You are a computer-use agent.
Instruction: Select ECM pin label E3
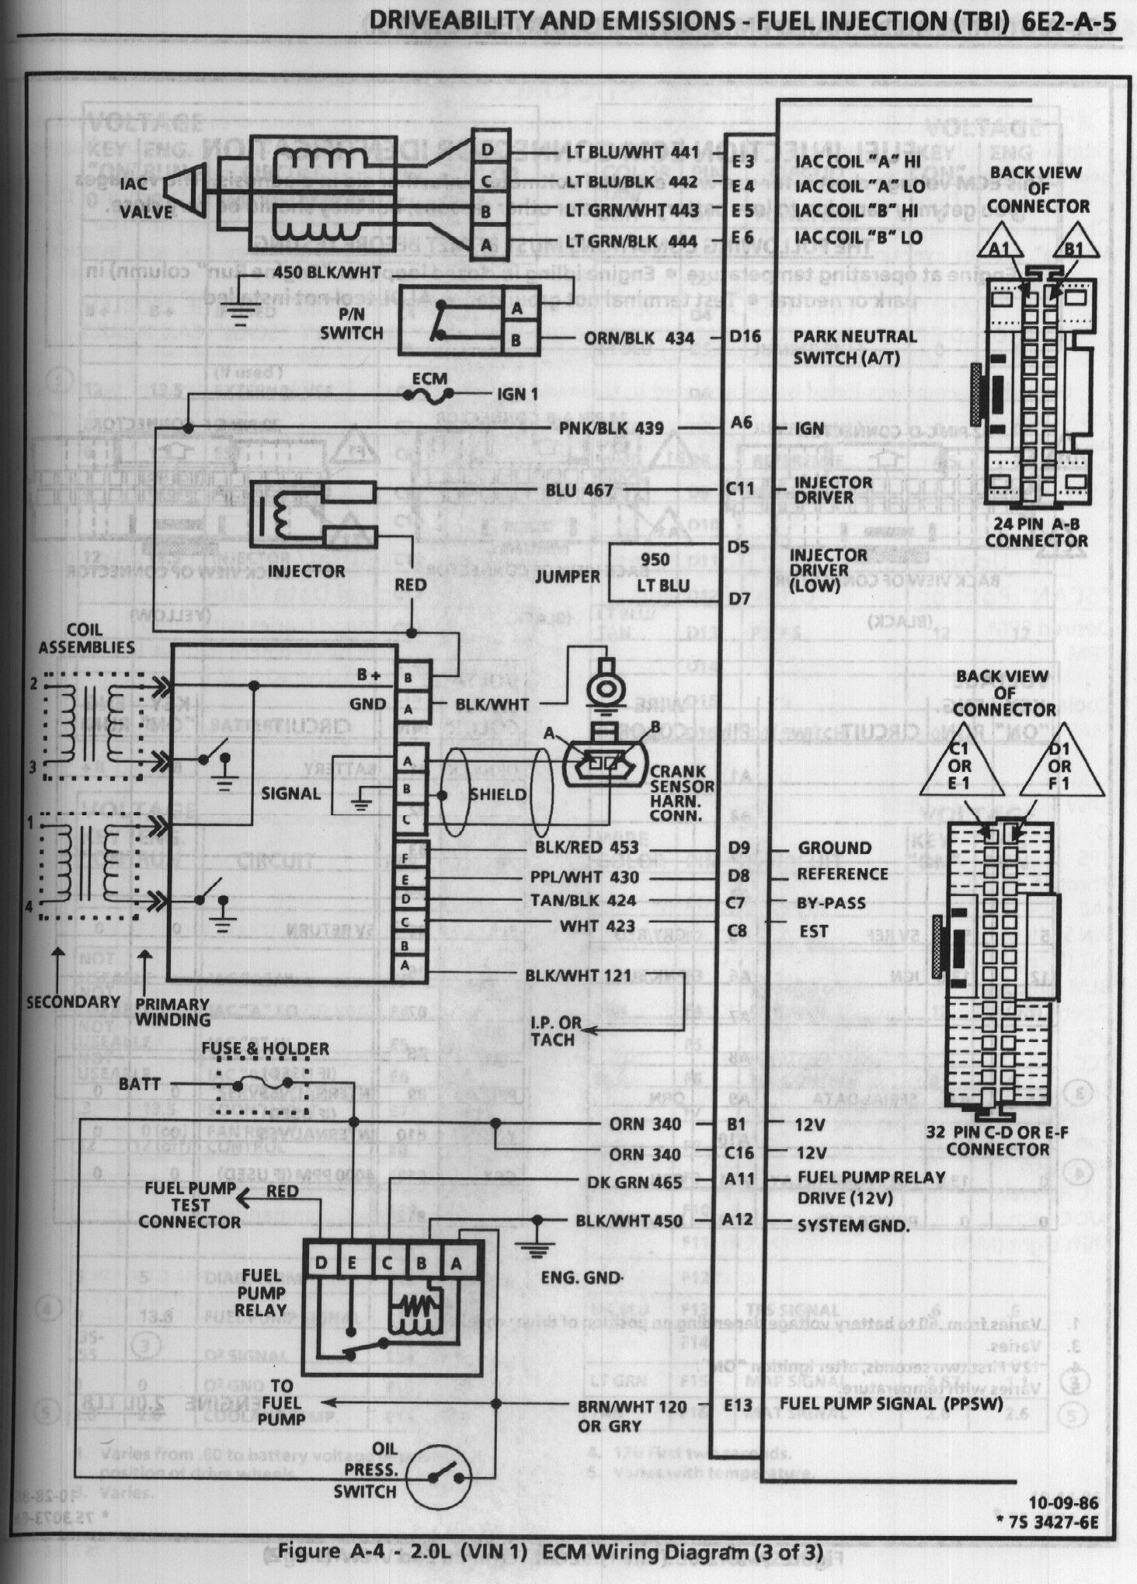pos(742,162)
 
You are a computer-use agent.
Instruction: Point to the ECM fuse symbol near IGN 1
pos(429,395)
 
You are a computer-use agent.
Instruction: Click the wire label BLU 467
pos(579,490)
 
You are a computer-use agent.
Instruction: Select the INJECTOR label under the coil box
pos(307,571)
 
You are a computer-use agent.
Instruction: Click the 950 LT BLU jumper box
pos(655,573)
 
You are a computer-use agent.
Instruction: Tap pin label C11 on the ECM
pos(739,489)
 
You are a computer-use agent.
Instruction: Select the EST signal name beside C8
pos(813,930)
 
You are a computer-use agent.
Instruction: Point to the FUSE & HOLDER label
pos(265,1049)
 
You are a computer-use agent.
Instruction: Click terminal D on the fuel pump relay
pos(321,1263)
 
